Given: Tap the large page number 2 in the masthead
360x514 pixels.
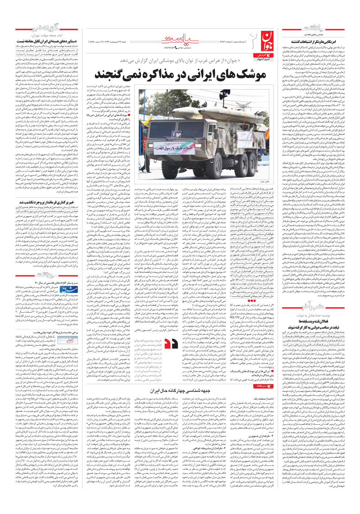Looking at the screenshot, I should point(251,41).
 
